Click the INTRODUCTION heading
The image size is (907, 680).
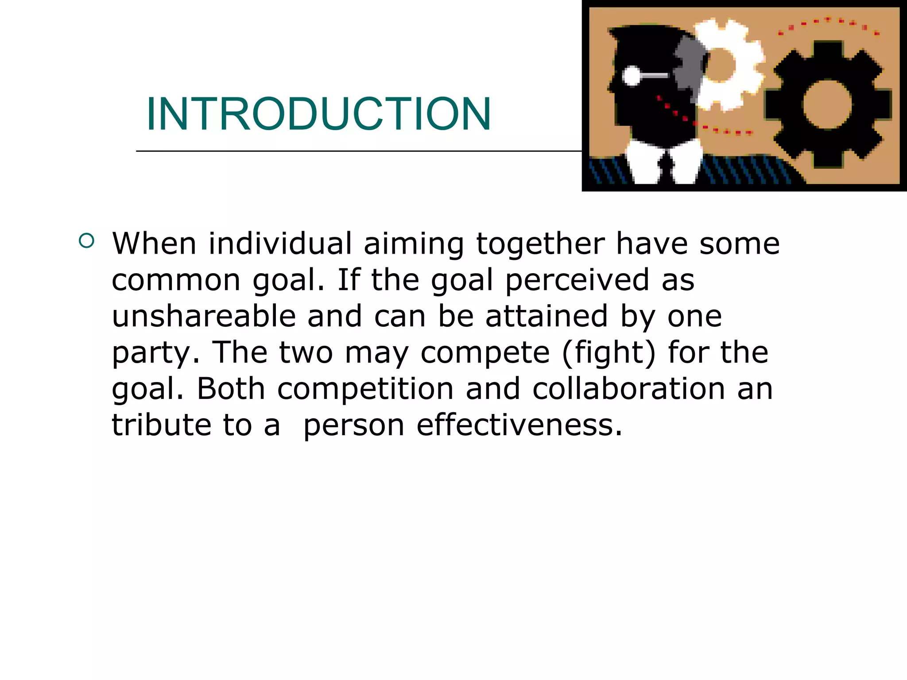[318, 114]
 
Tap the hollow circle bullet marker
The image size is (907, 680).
[87, 241]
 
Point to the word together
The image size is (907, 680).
[540, 244]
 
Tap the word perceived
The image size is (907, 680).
[577, 281]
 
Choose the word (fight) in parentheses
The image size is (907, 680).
[609, 353]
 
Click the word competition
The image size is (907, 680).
[365, 390]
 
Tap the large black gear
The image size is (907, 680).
[827, 104]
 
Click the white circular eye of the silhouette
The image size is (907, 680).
[632, 76]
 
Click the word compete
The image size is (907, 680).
[485, 353]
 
